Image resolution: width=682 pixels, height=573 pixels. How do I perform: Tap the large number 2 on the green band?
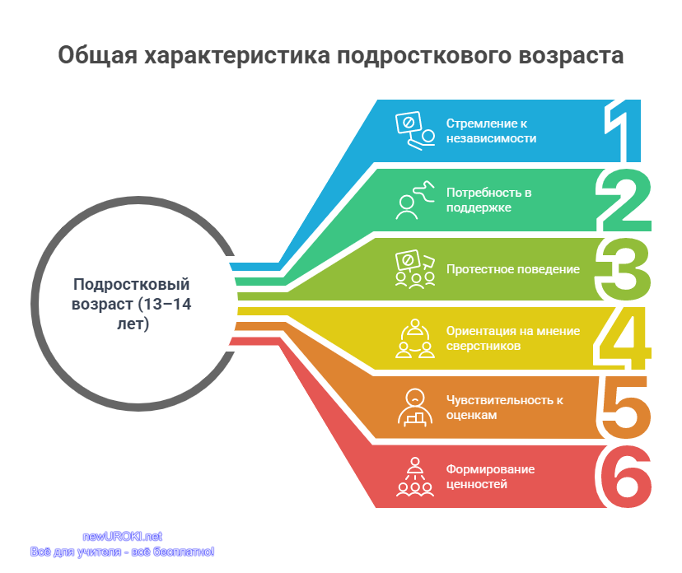coord(624,200)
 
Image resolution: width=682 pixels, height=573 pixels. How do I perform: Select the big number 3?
coord(623,269)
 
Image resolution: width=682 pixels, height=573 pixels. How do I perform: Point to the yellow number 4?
coord(623,338)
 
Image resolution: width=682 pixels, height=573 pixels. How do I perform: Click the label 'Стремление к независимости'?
coord(491,131)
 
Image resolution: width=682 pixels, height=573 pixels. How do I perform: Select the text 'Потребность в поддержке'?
coord(489,200)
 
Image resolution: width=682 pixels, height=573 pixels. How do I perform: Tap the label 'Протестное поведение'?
coord(513,269)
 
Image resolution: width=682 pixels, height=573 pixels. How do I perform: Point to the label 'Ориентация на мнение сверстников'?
coord(513,338)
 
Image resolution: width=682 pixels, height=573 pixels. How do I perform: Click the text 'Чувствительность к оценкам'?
coord(505,408)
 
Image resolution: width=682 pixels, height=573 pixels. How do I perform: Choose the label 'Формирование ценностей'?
coord(490,477)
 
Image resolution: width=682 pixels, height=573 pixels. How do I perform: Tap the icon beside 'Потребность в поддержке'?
coord(415,200)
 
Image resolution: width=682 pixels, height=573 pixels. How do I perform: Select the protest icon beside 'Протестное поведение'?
coord(415,269)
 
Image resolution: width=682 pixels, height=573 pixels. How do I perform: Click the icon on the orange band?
coord(415,408)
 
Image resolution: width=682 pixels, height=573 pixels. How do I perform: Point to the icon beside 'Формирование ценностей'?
coord(415,477)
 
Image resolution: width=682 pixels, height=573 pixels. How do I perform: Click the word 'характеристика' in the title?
coord(236,56)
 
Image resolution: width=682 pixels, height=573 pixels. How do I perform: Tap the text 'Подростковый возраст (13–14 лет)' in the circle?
coord(131,304)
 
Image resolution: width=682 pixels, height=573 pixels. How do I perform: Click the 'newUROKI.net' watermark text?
coord(122,537)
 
